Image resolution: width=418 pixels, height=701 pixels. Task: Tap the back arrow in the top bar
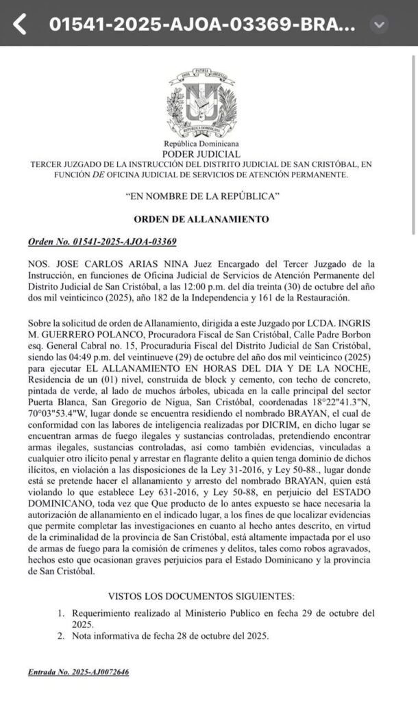pos(20,24)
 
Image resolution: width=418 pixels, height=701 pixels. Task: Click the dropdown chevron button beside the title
pos(379,25)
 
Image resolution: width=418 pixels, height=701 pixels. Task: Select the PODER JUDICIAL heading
pos(201,155)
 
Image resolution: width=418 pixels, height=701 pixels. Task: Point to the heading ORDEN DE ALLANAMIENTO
pos(202,219)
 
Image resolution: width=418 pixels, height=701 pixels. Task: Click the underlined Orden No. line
pos(102,242)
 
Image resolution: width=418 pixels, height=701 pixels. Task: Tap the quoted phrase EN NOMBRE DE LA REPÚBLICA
pos(202,196)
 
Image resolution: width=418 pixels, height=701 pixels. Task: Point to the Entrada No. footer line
pos(78,672)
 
